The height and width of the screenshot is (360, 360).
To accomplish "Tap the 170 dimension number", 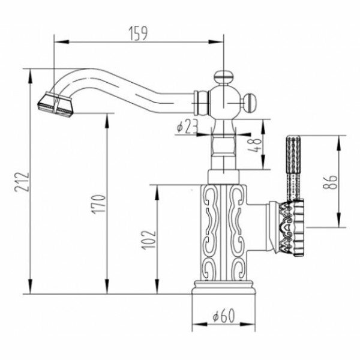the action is (100, 204).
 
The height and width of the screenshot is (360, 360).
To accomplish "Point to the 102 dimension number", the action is (151, 239).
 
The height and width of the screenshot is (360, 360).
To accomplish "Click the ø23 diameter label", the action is (188, 127).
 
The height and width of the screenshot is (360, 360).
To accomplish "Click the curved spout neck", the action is (132, 84).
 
